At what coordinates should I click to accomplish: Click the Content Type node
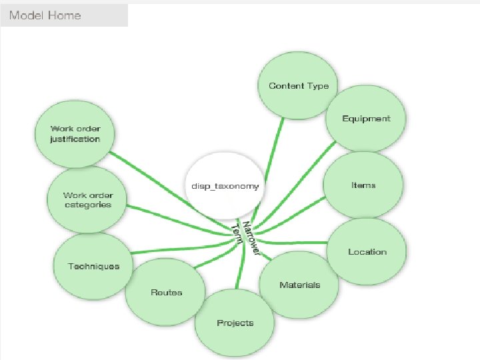(294, 86)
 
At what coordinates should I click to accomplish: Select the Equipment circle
(365, 119)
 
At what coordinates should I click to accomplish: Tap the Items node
(363, 185)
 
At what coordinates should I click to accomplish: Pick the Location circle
(367, 251)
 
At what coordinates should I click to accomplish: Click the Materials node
(299, 285)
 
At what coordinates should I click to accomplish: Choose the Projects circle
(235, 323)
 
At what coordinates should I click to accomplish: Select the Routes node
(165, 292)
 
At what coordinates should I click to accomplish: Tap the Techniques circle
(93, 266)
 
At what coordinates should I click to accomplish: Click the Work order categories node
(87, 200)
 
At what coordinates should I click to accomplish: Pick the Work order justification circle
(75, 134)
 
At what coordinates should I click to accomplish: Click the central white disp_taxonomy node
(225, 185)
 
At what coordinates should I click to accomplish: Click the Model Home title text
(45, 15)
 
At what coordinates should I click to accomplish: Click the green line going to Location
(293, 241)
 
